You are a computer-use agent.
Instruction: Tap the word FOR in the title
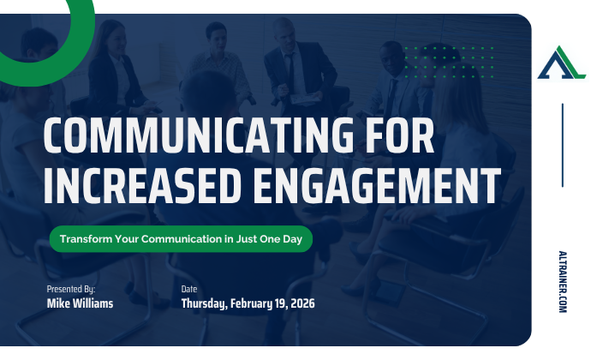point(396,137)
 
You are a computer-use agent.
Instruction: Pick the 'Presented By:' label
point(71,290)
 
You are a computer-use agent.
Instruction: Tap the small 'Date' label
point(190,290)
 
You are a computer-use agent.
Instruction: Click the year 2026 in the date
point(301,303)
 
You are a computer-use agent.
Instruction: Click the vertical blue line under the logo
point(562,145)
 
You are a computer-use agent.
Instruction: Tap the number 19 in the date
point(279,303)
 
